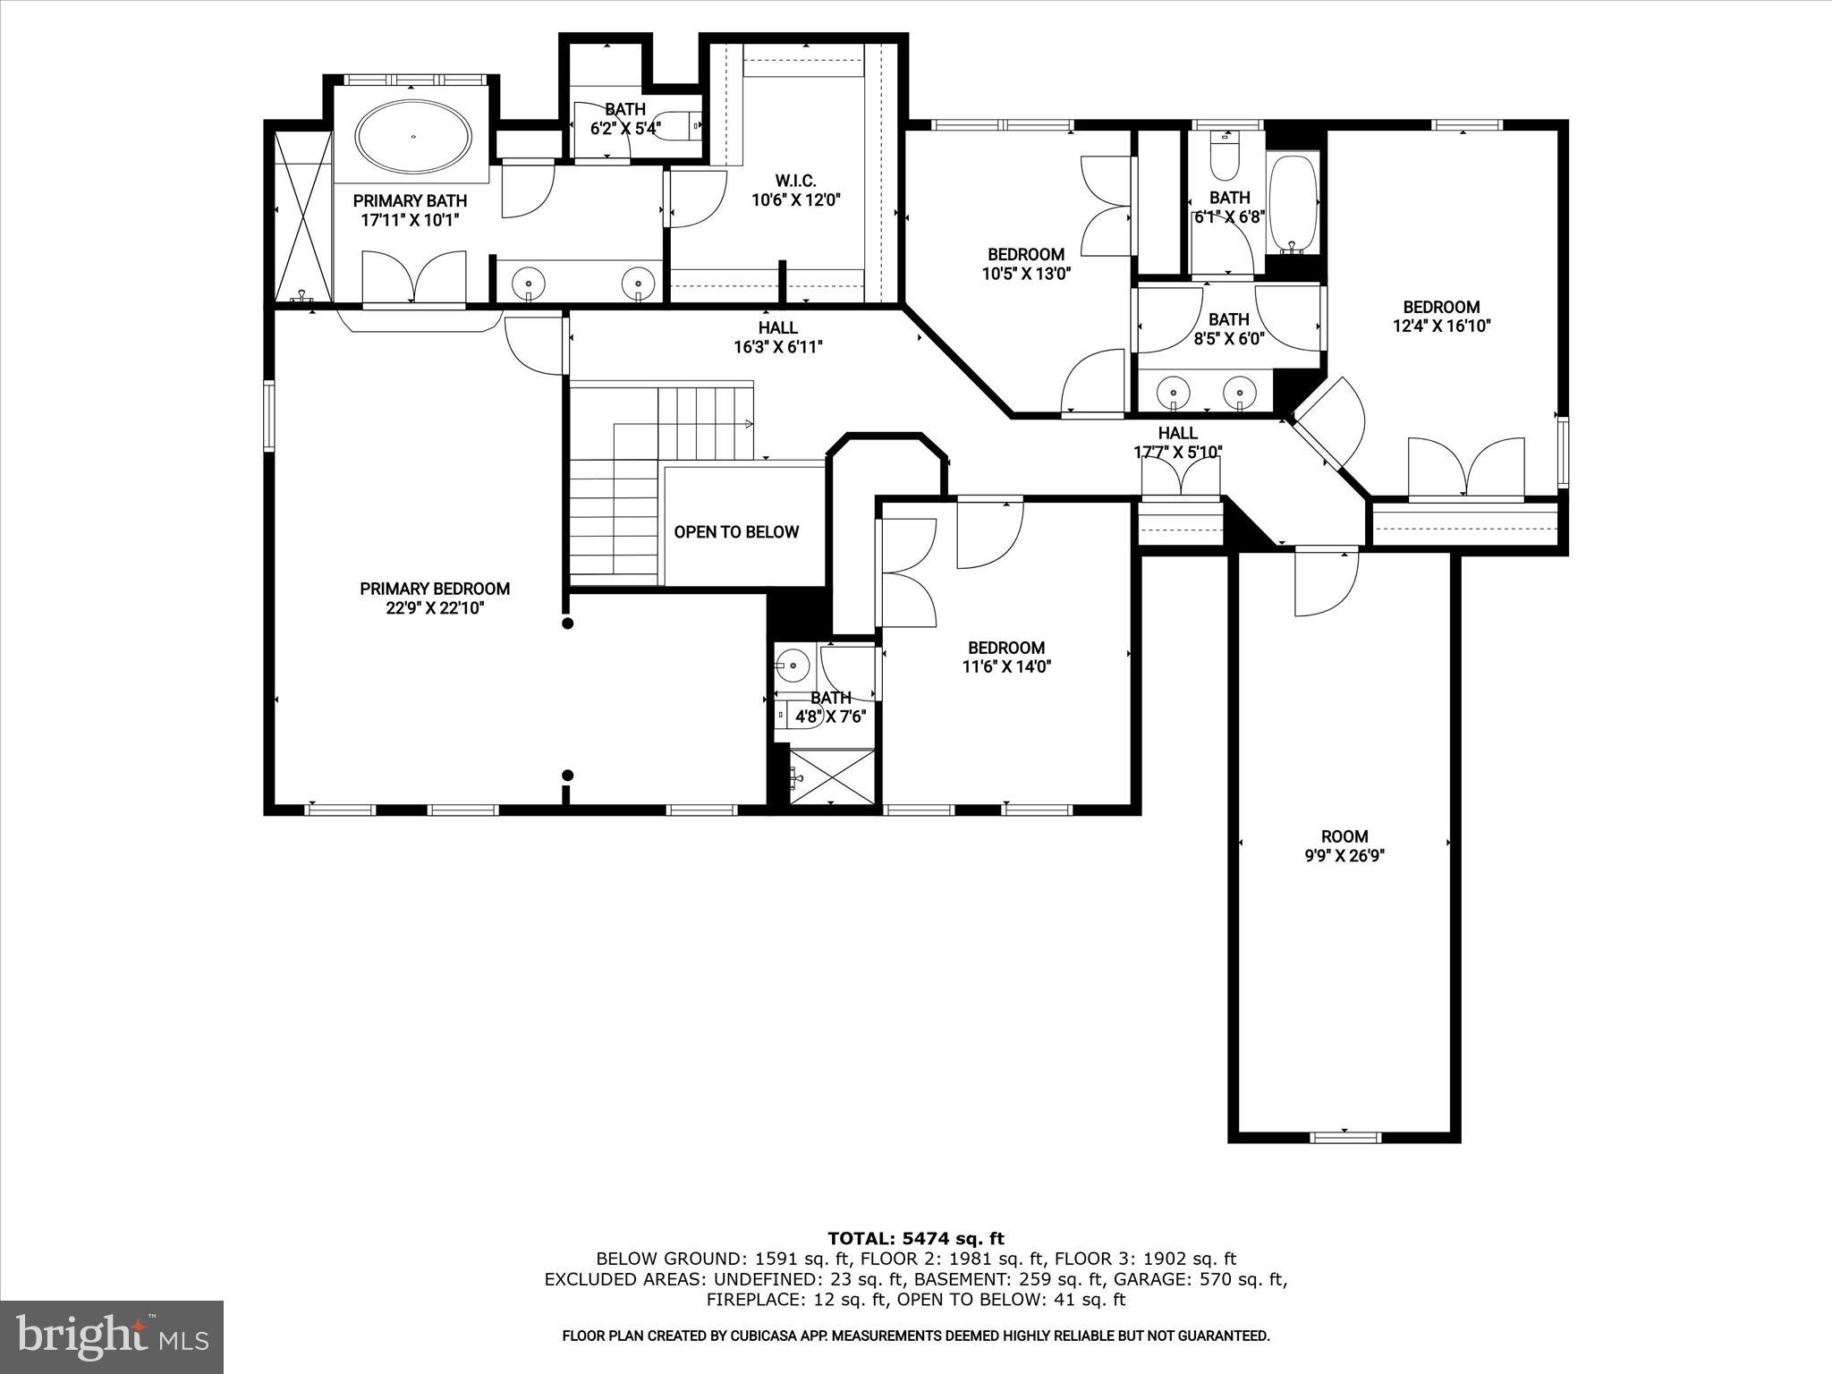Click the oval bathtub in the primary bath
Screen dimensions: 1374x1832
[413, 137]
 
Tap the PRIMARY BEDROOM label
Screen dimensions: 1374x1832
[435, 589]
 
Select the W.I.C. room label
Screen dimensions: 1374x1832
[795, 181]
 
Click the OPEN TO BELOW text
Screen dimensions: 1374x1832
[736, 532]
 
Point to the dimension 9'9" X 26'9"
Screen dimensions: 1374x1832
[1344, 856]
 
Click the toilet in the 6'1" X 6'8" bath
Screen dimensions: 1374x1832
[1222, 158]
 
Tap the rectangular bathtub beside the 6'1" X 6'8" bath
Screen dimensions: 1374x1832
[1293, 204]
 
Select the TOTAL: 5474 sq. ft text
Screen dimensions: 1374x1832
[915, 1238]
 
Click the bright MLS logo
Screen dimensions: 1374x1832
[112, 1336]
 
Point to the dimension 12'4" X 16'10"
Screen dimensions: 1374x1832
[1441, 327]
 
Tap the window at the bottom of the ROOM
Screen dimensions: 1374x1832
[1344, 1137]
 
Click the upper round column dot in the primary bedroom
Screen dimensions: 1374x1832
[567, 623]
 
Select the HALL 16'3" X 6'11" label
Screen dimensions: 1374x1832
[777, 337]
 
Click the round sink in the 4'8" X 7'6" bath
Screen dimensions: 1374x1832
[792, 665]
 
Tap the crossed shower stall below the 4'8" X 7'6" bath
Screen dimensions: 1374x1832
[832, 777]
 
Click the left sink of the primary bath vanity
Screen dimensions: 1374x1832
[529, 283]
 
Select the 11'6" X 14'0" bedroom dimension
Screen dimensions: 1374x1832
[1006, 666]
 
